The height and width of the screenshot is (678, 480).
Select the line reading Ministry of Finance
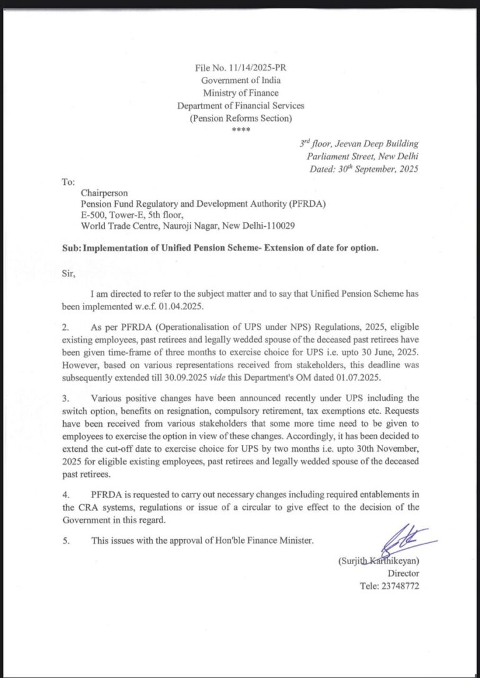click(x=241, y=93)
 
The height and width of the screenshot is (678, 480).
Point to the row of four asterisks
click(x=241, y=130)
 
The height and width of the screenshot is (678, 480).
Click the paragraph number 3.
click(x=65, y=397)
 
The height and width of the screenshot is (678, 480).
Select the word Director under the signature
click(x=404, y=572)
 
